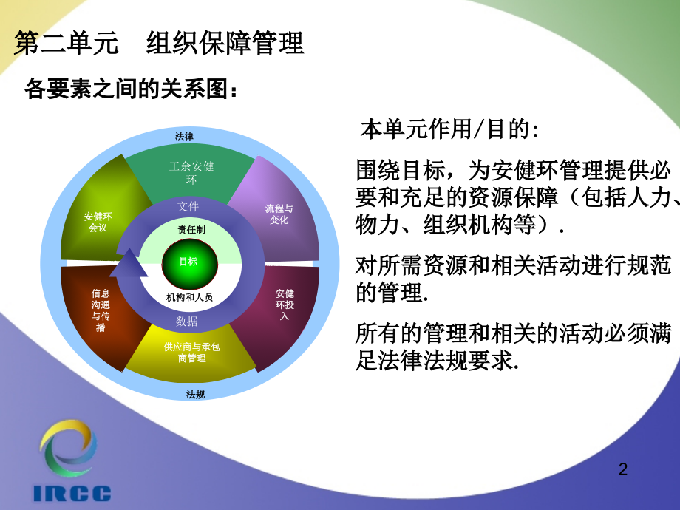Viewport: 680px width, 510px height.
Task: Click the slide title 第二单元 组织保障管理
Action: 159,44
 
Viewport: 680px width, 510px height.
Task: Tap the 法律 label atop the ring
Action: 184,137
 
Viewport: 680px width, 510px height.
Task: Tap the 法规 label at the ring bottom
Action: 195,394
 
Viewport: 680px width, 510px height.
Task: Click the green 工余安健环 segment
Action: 190,172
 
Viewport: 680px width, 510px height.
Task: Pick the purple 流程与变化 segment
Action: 279,214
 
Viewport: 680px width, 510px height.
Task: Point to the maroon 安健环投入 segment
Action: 285,305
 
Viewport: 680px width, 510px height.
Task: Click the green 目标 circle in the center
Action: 188,262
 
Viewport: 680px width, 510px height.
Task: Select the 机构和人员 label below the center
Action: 189,297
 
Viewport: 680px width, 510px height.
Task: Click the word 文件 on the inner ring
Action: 188,206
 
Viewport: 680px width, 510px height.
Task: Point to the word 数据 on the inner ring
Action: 187,321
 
